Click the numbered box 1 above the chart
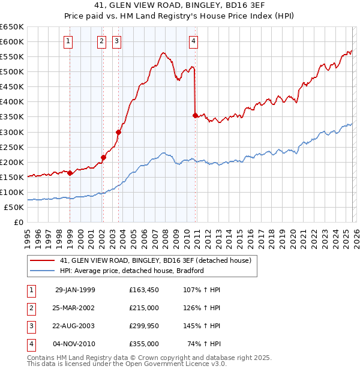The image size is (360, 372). click(69, 41)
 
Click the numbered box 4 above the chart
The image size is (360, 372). click(194, 41)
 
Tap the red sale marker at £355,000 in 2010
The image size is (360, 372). click(195, 115)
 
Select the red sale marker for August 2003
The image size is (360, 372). click(119, 132)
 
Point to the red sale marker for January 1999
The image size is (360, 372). click(70, 173)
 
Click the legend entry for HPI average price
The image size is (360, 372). click(132, 271)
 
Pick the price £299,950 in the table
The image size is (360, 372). click(144, 326)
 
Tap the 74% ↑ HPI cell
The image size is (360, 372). click(204, 344)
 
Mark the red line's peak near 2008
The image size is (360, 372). click(163, 53)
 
